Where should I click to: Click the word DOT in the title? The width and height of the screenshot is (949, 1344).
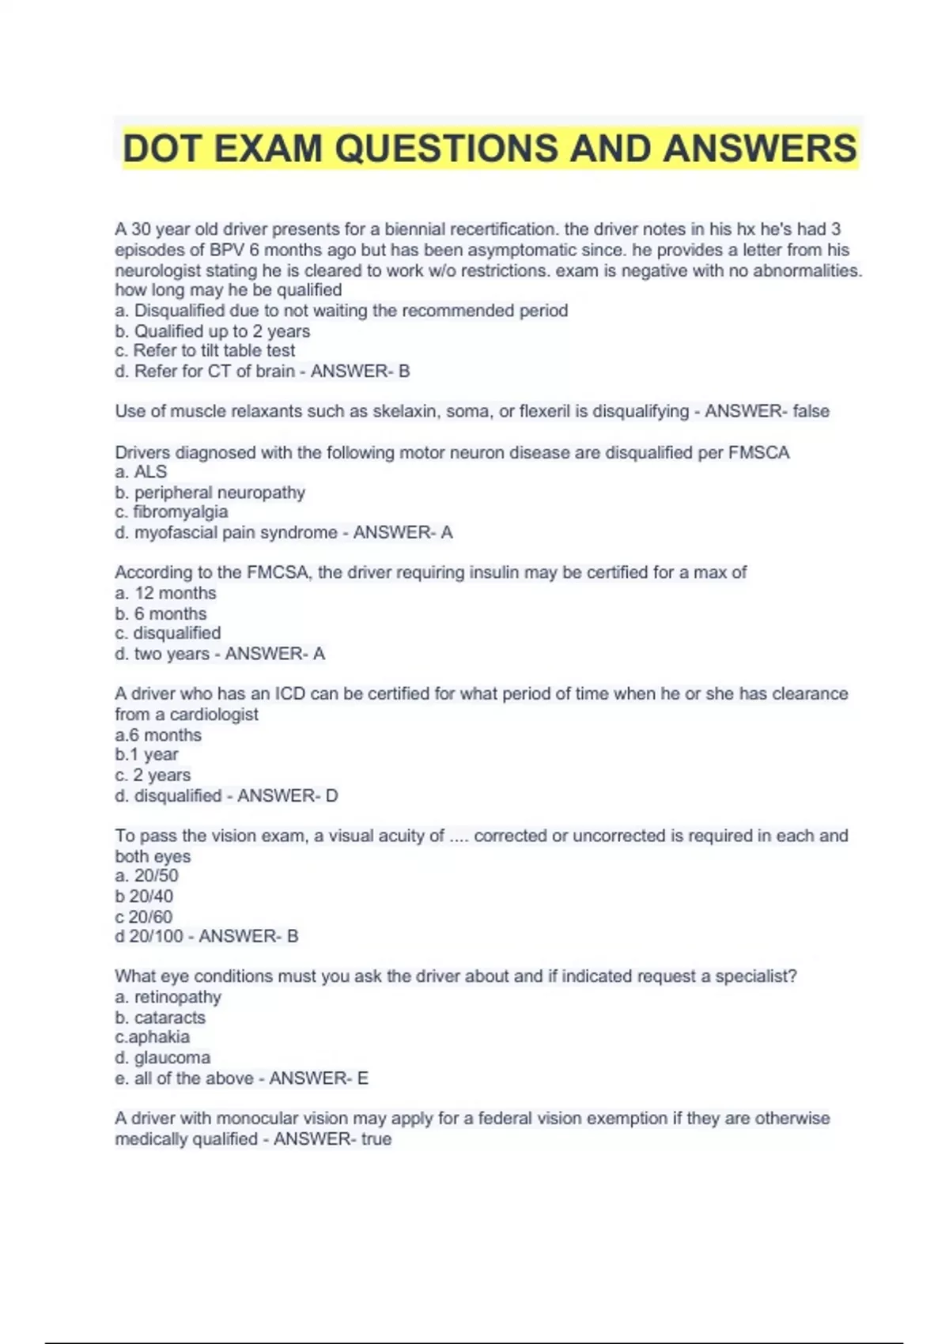162,149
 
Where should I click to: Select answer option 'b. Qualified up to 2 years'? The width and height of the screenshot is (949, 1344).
212,331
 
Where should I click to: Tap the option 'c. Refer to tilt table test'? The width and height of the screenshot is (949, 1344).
205,350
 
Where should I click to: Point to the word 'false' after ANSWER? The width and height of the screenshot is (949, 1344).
811,411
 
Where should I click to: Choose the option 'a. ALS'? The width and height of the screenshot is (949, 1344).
141,472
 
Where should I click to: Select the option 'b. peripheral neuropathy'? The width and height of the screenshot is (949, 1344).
210,493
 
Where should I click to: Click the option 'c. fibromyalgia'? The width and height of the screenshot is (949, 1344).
171,512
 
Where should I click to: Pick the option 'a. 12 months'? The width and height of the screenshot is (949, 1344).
165,593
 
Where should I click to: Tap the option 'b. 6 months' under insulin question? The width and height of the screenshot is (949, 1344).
161,613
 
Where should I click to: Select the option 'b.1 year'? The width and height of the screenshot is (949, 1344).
146,754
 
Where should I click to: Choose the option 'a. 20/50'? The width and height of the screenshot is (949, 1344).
146,875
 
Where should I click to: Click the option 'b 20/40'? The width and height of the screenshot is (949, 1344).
144,896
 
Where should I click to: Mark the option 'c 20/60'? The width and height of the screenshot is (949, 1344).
143,916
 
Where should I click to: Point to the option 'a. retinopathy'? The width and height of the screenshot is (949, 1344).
168,997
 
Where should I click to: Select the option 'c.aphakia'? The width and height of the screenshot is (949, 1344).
152,1036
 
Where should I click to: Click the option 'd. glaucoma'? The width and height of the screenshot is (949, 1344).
162,1057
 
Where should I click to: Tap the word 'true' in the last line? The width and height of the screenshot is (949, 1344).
376,1139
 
